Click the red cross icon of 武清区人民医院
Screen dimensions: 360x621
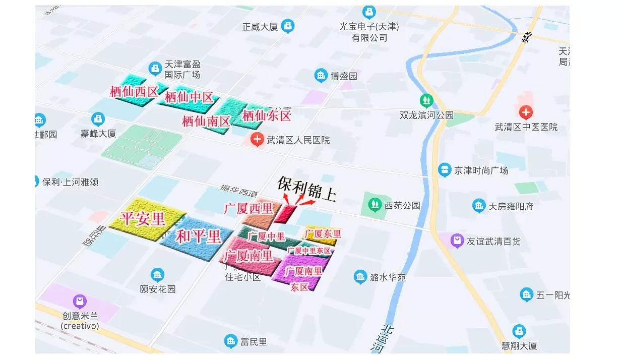click(257, 139)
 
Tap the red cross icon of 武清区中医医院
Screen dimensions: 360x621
click(526, 112)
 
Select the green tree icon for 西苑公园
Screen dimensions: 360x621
click(374, 205)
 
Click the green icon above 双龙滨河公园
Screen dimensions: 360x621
click(426, 100)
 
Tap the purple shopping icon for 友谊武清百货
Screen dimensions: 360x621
click(457, 241)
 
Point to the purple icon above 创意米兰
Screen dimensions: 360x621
click(80, 302)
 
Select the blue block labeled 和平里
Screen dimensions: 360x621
click(198, 236)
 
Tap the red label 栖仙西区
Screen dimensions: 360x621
click(134, 91)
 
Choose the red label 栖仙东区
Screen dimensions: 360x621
click(267, 116)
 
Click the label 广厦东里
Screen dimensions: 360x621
click(323, 234)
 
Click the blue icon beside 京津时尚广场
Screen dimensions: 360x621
click(444, 170)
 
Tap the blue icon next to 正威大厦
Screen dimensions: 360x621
click(288, 25)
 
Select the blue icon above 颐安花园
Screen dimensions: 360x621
click(157, 275)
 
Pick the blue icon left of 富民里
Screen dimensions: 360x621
click(231, 341)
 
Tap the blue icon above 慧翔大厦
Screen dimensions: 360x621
click(519, 331)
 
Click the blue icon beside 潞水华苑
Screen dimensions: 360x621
click(360, 276)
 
